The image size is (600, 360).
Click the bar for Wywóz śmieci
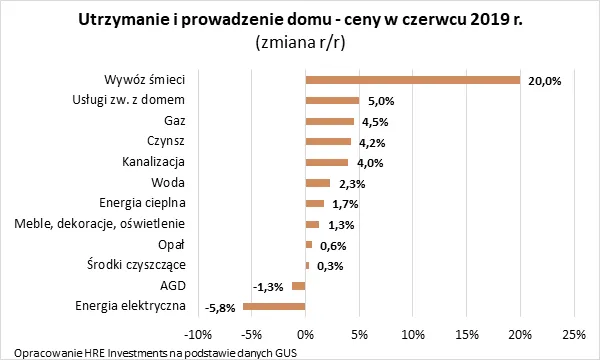pos(412,80)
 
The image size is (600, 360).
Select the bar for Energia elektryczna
pos(274,306)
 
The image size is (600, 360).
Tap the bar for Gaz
pos(329,121)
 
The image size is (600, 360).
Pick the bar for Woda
pos(317,183)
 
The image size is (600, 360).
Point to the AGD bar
pos(298,286)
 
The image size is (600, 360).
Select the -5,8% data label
pos(219,307)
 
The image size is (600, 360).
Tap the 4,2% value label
pos(371,142)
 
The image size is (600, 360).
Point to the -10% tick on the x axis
pos(198,333)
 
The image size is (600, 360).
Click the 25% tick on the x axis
pos(573,333)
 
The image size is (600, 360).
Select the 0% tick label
pos(305,333)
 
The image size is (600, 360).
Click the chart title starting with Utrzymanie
pos(299,20)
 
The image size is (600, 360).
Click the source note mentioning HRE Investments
pos(150,352)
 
